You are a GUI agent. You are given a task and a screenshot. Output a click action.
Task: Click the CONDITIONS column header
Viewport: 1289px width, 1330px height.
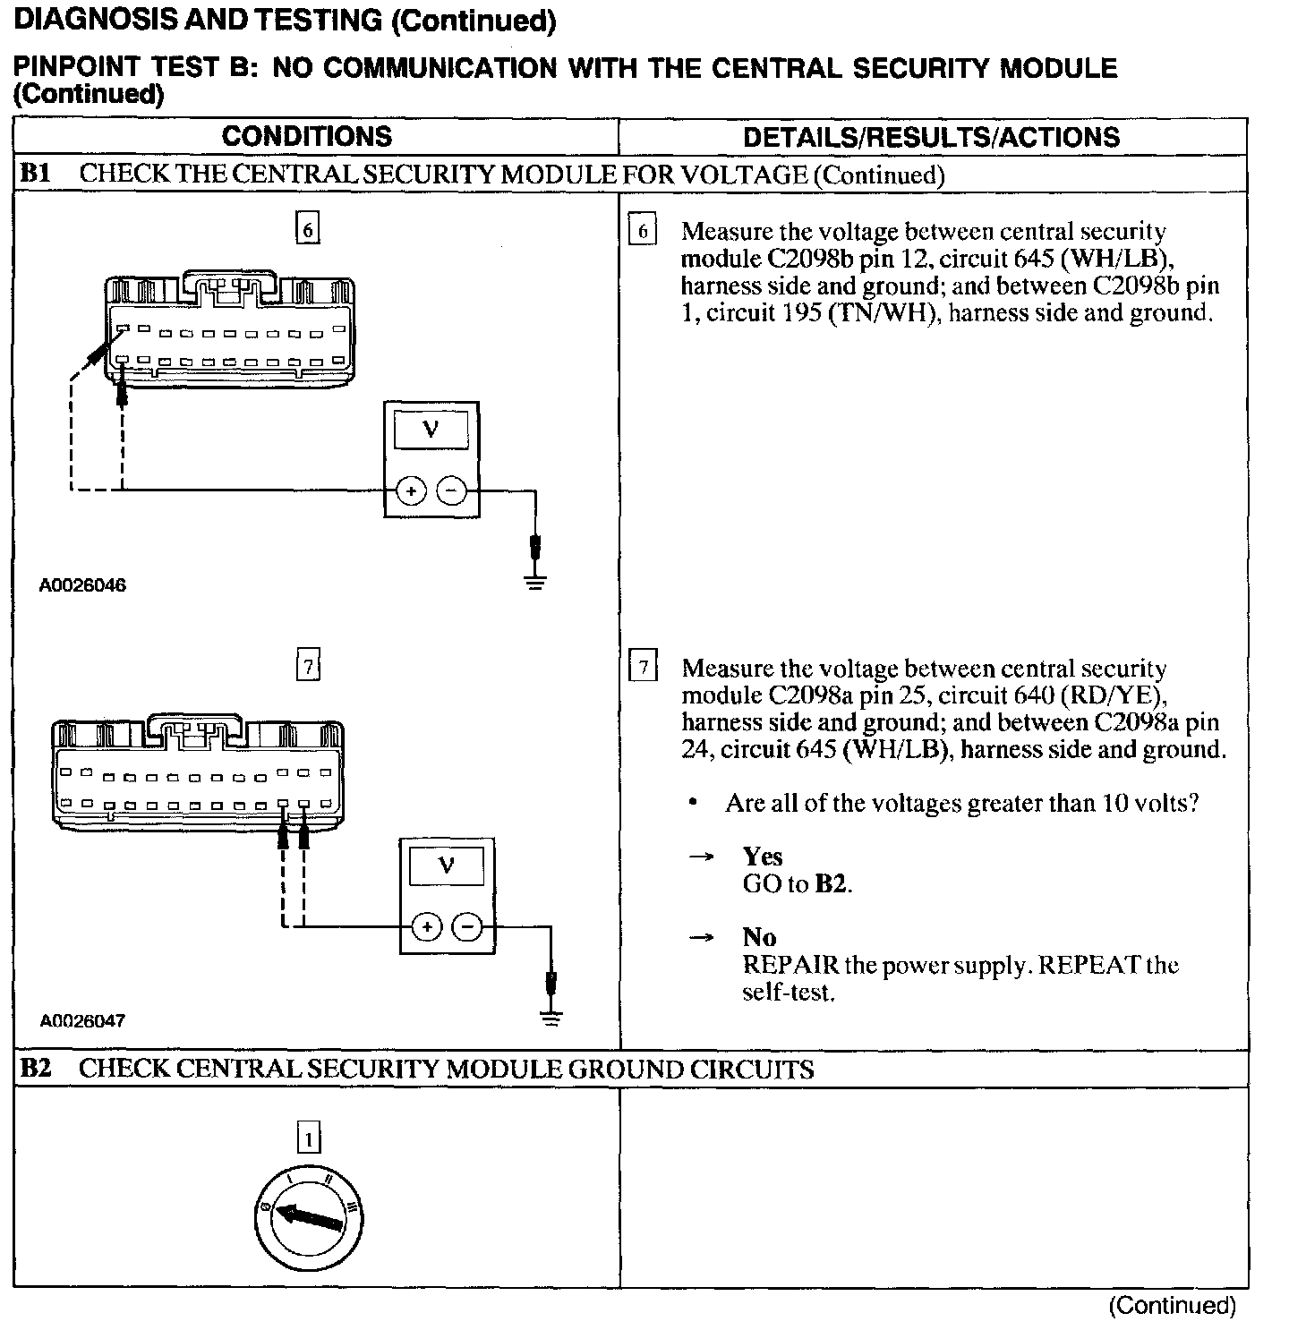(x=306, y=136)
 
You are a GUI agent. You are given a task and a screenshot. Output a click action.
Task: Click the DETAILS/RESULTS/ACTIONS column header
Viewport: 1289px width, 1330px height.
(x=931, y=137)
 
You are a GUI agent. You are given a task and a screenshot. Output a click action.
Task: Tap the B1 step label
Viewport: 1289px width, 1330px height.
(x=35, y=174)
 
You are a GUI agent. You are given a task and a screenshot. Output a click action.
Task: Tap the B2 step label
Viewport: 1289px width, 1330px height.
(x=35, y=1069)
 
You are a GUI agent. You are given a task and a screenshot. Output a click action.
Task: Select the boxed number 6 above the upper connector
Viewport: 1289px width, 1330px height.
(x=307, y=229)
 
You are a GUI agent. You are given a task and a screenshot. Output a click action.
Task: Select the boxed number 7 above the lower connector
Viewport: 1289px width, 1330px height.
(x=307, y=667)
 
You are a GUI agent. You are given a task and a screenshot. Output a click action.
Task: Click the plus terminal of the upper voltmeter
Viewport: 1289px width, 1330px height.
(x=411, y=491)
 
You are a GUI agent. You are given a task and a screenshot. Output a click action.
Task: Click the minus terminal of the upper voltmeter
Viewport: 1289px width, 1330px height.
(x=451, y=491)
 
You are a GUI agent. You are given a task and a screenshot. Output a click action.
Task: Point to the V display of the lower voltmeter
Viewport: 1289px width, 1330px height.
(x=446, y=865)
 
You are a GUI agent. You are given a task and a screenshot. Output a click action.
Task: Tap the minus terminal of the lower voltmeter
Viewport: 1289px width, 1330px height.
(x=467, y=927)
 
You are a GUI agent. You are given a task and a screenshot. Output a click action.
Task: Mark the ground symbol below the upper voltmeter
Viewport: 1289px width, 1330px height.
(x=535, y=584)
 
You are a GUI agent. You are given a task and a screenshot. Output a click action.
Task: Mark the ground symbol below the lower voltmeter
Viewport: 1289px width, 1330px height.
(x=551, y=1019)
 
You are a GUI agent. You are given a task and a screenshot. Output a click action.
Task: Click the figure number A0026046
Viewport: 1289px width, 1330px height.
(x=82, y=585)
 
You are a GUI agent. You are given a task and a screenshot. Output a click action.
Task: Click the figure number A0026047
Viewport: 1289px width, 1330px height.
(x=82, y=1020)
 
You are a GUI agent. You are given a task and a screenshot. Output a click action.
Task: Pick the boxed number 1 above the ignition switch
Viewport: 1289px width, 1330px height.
(x=308, y=1139)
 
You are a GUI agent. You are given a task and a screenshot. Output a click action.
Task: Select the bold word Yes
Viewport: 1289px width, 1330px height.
(x=762, y=857)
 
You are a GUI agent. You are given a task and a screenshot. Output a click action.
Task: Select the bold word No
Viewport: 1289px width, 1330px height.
(x=759, y=937)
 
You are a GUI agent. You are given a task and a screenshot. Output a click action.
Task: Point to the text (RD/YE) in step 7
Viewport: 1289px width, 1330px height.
(x=1120, y=695)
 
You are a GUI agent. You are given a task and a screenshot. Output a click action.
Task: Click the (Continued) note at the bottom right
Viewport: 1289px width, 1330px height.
(x=1172, y=1306)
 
